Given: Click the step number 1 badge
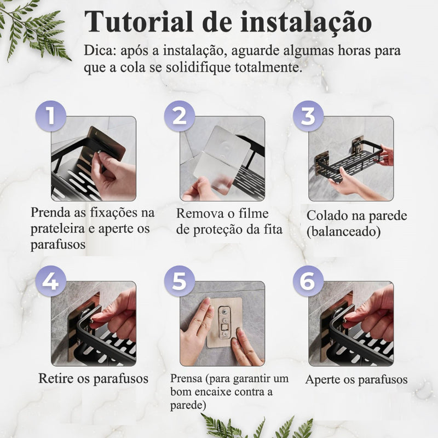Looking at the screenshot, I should coord(50,116).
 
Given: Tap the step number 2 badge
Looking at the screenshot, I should coord(180,116).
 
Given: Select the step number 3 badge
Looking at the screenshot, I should coord(308,116).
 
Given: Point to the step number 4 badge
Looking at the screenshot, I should coord(50,281).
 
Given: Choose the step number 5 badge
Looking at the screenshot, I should coord(180,281).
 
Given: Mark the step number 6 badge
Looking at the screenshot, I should coord(308,281).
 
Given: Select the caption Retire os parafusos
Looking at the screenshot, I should coord(93,378).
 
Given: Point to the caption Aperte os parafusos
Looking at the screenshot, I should coord(356,379).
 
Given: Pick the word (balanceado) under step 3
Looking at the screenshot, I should coord(343,232).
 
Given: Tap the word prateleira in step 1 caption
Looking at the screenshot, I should coord(58,228).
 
